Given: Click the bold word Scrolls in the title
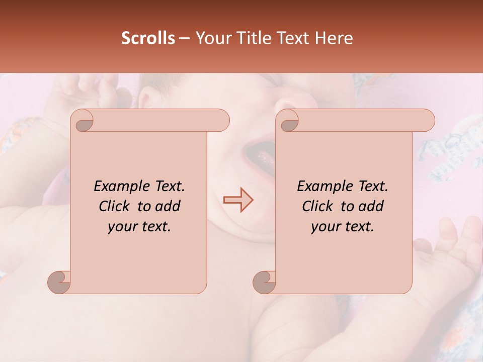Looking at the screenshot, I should click(148, 38).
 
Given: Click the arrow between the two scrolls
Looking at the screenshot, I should click(238, 200).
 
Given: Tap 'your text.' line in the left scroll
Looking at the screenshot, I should click(139, 226).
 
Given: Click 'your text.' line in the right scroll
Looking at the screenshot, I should click(343, 226).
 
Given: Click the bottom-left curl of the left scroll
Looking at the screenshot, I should click(59, 282).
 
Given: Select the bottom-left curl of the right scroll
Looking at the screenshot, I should click(265, 282).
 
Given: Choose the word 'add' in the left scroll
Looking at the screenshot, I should click(167, 206).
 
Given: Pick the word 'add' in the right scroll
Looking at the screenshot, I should click(370, 206).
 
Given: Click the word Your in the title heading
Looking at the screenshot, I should click(211, 38).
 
